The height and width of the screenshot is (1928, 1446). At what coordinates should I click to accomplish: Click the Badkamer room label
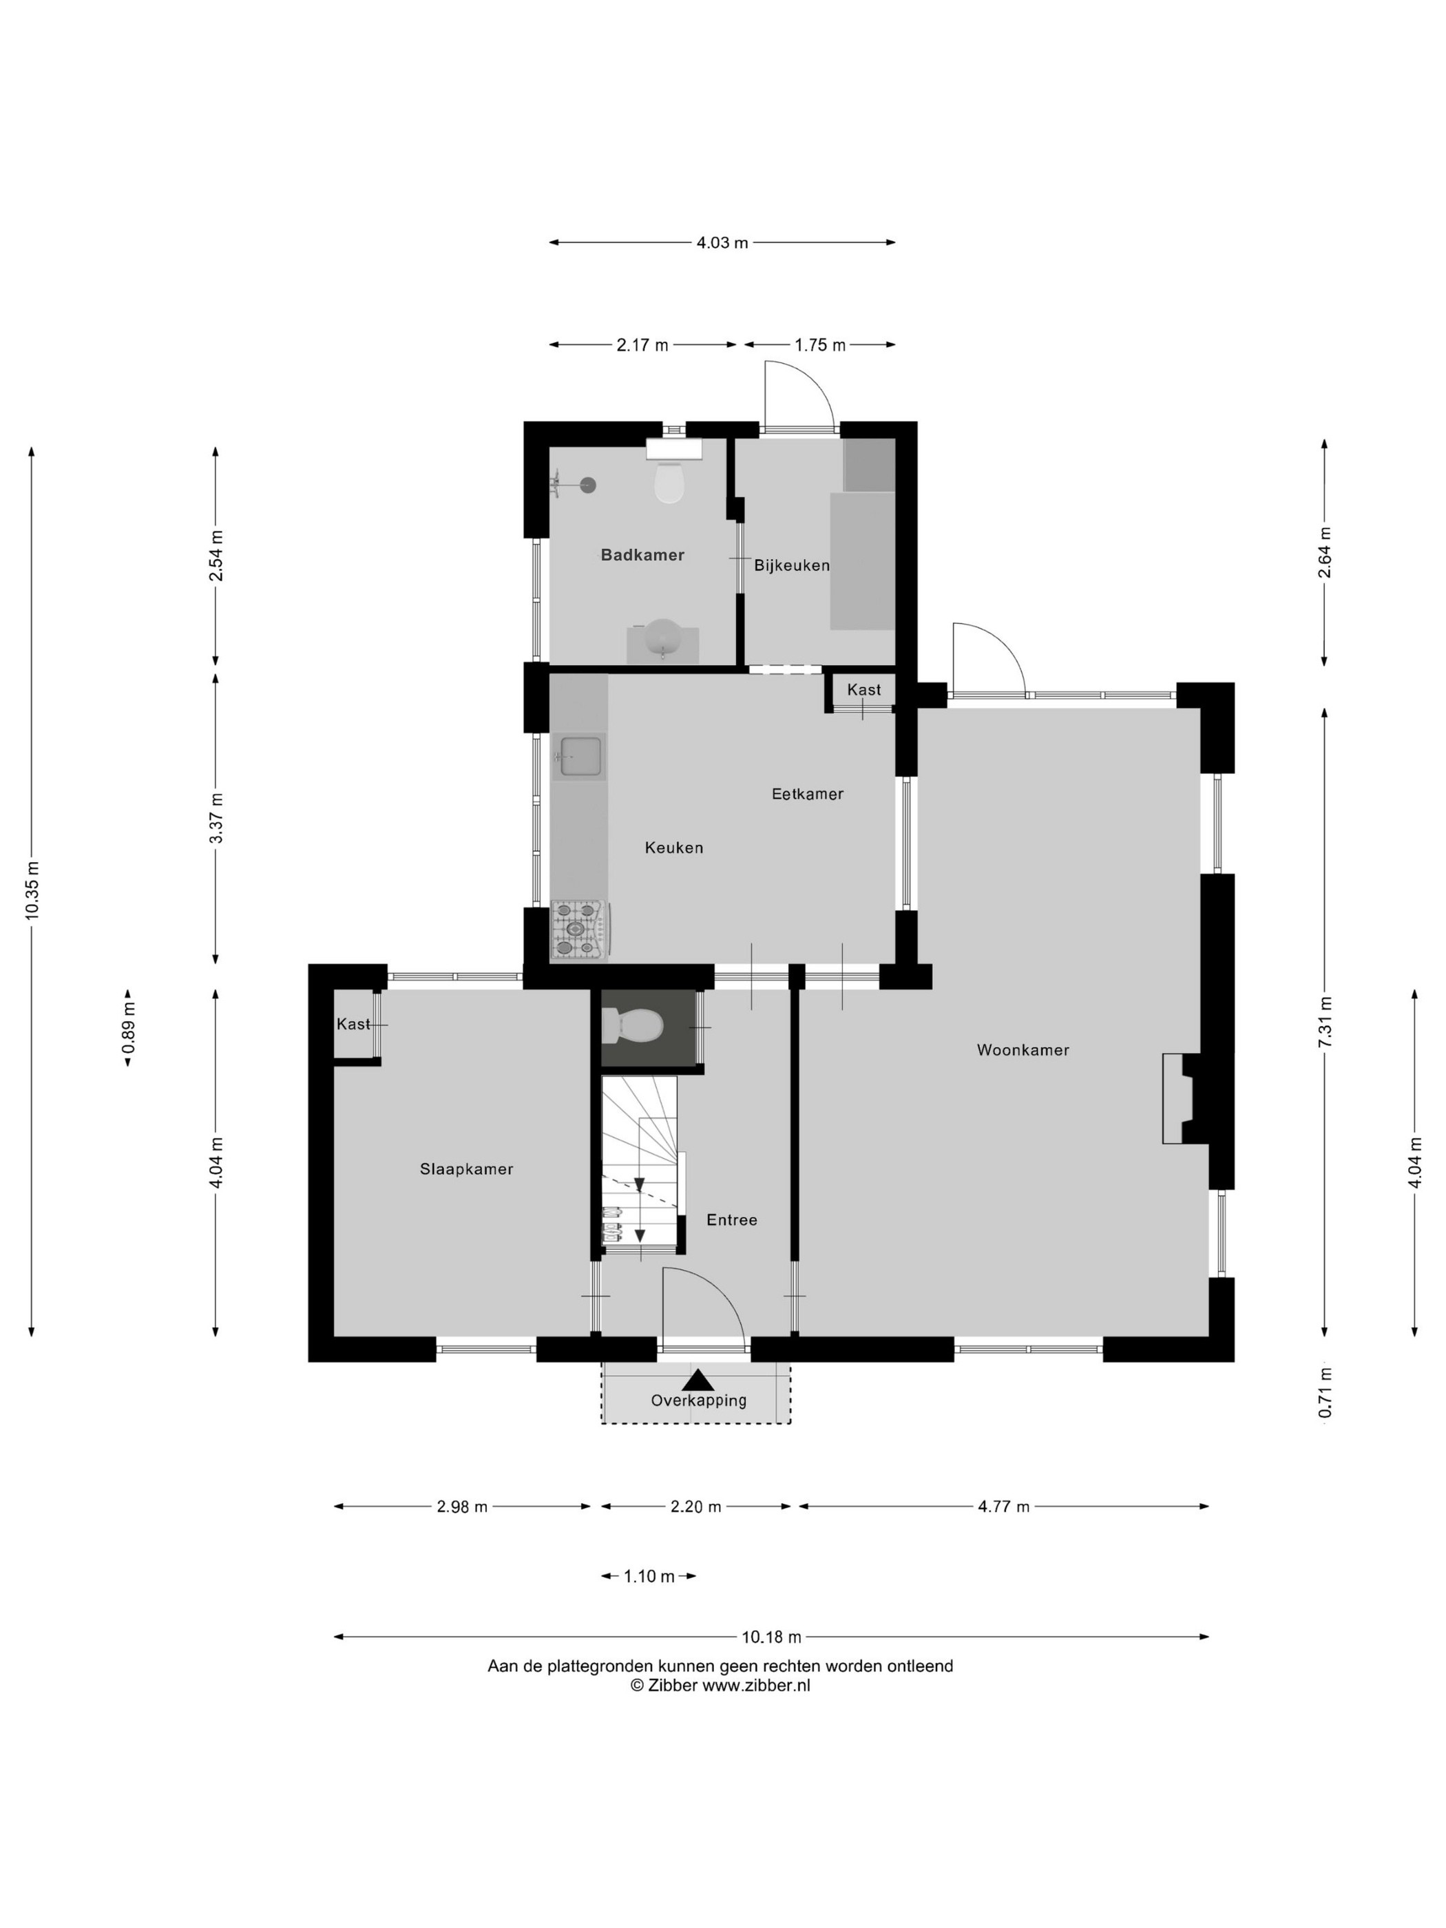[x=642, y=555]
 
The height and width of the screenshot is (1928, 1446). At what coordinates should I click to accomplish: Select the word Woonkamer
[x=1023, y=1050]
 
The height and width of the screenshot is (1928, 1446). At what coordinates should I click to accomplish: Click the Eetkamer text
[x=807, y=794]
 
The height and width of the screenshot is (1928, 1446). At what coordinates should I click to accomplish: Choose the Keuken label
[x=673, y=847]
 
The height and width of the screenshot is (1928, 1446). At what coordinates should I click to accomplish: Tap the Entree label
[x=731, y=1220]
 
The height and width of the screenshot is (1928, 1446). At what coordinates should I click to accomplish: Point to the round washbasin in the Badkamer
[x=663, y=639]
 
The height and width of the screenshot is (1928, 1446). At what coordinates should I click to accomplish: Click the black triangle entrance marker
[x=698, y=1381]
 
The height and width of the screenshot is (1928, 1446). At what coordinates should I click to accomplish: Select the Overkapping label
[x=698, y=1401]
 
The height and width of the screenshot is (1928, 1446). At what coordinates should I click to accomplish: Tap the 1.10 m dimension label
[x=649, y=1576]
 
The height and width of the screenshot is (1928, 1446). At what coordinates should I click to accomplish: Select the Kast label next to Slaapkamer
[x=353, y=1024]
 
